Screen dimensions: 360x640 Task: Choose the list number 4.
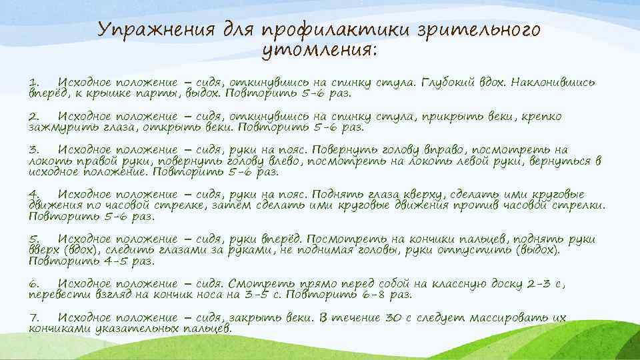coord(35,194)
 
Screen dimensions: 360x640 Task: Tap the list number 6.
coord(35,283)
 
